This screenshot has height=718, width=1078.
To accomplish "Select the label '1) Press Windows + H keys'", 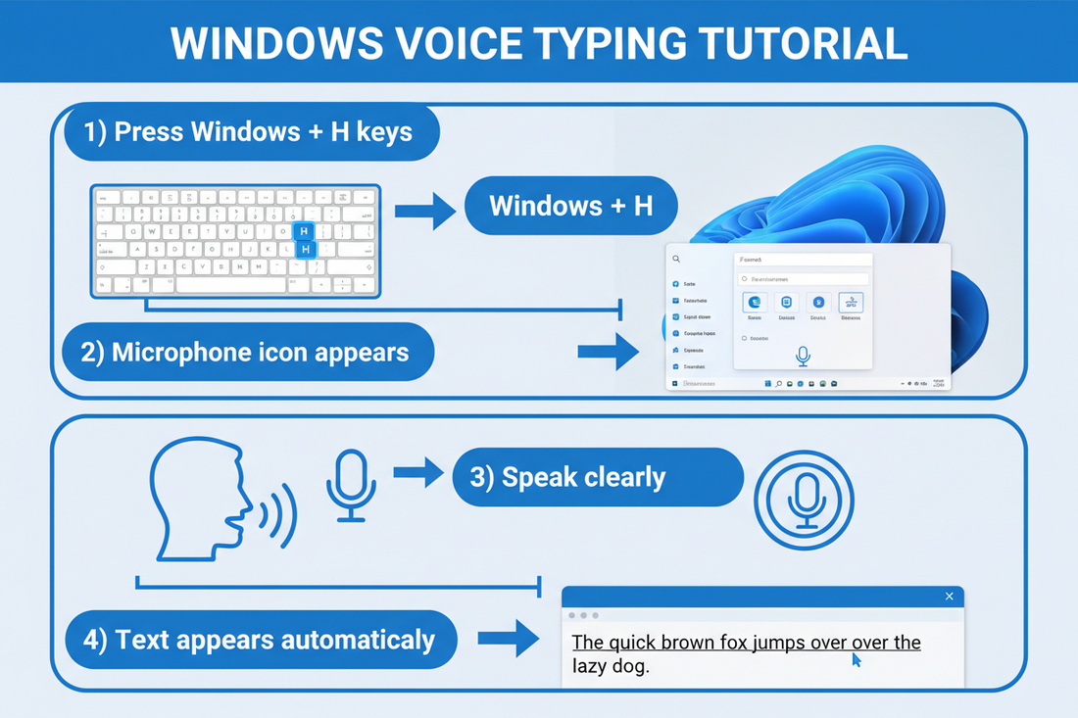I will pos(251,132).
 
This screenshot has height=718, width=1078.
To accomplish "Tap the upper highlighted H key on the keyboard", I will pos(304,230).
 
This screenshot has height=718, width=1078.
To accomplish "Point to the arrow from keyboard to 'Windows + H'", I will pos(425,209).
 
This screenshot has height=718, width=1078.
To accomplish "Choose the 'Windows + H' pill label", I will pos(571,206).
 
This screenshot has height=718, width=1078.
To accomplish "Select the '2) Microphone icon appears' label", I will pos(246,353).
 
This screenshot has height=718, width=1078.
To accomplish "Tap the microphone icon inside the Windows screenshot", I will pos(804,356).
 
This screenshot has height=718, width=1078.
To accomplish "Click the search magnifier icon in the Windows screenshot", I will pos(675,260).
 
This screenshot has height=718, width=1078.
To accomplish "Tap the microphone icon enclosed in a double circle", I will pos(804,500).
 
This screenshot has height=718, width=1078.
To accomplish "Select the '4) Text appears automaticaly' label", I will pos(262,641).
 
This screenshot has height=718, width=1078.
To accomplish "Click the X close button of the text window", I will pos(949,597).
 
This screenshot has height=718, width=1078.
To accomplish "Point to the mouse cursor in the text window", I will pos(856,660).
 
